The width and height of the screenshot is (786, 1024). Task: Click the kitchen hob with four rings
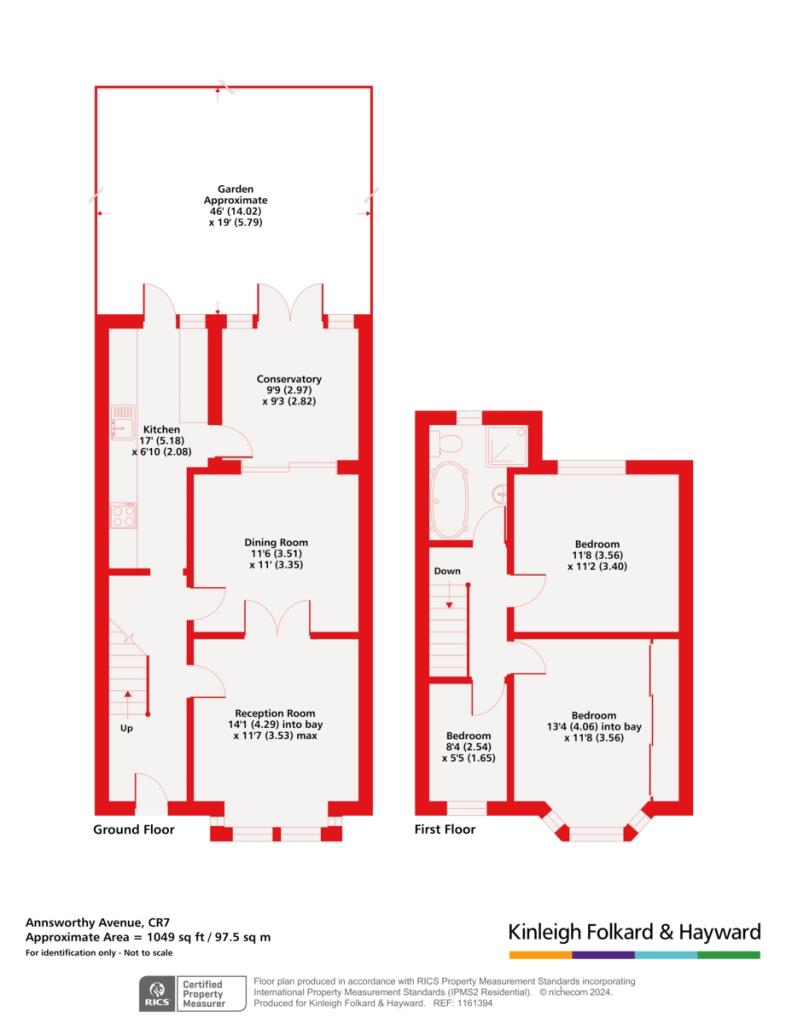[x=124, y=514]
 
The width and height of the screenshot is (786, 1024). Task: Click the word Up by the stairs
[x=126, y=728]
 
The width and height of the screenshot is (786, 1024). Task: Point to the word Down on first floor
[x=447, y=571]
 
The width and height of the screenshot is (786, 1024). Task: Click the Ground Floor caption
[x=134, y=830]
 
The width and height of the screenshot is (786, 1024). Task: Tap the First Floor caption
[x=445, y=830]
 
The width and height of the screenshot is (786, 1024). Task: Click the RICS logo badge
[x=155, y=991]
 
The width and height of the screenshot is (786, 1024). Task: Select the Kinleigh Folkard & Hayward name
[x=635, y=932]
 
